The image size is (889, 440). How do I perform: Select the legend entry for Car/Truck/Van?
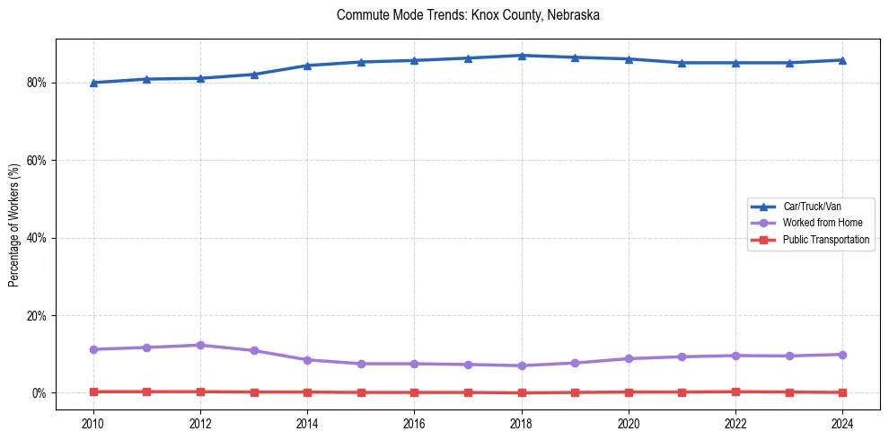pos(812,207)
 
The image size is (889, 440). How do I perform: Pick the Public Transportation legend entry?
pos(825,240)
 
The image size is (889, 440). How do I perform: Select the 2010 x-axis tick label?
pos(93,422)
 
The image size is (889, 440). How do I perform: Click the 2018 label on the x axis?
pos(522,422)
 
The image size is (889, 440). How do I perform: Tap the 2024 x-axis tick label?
pos(842,422)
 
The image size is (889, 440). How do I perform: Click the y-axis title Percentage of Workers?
pos(14,224)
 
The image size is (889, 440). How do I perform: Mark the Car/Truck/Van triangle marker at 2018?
pos(522,56)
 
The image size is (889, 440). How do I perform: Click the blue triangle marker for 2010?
pos(93,83)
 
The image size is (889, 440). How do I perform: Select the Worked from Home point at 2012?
pos(200,345)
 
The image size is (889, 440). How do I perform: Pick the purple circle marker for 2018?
pos(522,365)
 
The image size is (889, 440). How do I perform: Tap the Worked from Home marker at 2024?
pos(842,355)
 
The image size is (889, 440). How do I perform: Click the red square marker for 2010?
pos(93,392)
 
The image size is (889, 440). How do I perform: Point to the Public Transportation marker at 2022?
pos(735,392)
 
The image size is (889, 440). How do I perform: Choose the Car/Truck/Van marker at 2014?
pos(307,66)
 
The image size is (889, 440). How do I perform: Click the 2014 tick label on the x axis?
pos(307,422)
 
